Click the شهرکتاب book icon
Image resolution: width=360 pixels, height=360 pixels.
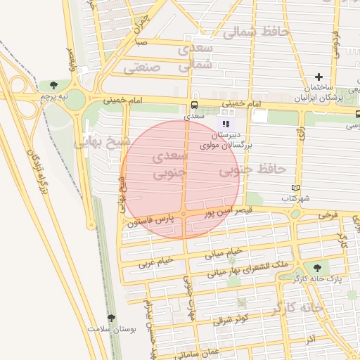(x=296, y=188)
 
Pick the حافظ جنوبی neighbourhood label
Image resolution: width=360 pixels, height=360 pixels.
(x=252, y=169)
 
